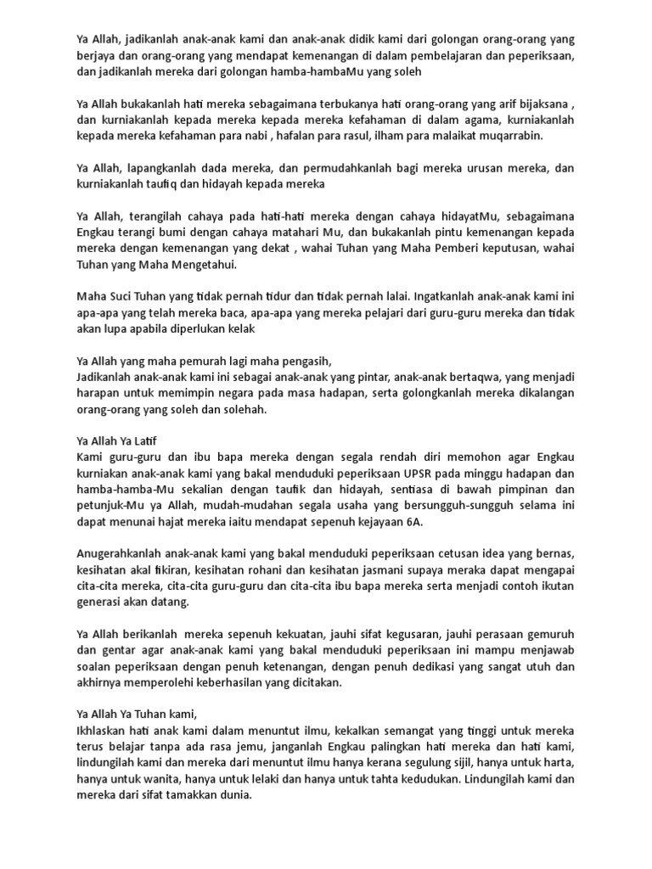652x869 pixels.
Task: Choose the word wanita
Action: click(x=166, y=781)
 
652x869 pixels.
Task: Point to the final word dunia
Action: click(x=235, y=797)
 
